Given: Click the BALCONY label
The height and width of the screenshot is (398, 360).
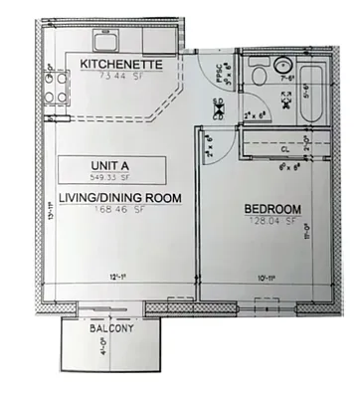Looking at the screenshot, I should tap(103, 327).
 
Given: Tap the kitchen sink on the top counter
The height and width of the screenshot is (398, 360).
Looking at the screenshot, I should tap(104, 42).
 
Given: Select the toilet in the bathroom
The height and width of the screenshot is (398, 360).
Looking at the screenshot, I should tap(257, 74).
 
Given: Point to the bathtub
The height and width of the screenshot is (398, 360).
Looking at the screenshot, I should tap(309, 98).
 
